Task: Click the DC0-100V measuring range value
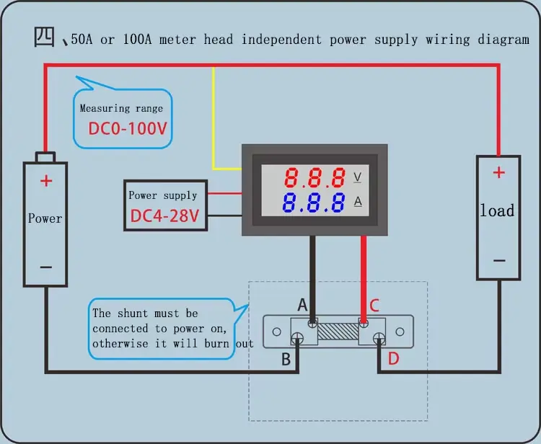click(x=127, y=130)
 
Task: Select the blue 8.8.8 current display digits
click(x=315, y=203)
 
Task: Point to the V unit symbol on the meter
click(x=357, y=177)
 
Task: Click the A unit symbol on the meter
click(x=357, y=201)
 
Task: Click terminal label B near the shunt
click(x=286, y=359)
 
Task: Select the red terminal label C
click(x=374, y=305)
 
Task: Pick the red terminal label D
click(x=393, y=358)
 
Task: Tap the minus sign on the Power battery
click(x=46, y=267)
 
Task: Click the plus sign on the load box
click(x=498, y=173)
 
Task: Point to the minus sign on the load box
click(x=498, y=261)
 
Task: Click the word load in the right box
click(x=498, y=211)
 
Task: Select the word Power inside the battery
click(x=45, y=218)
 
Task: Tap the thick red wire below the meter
click(x=363, y=274)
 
